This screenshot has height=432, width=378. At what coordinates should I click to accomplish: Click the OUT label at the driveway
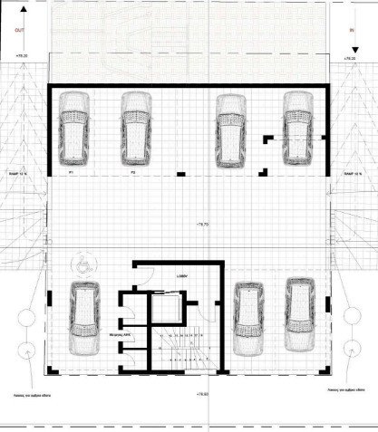tap(18, 29)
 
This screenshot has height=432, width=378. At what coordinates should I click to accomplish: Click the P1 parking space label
tap(72, 169)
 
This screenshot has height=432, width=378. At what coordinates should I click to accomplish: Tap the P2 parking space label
tap(132, 169)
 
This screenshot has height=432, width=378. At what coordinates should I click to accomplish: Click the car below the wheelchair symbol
tap(84, 318)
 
